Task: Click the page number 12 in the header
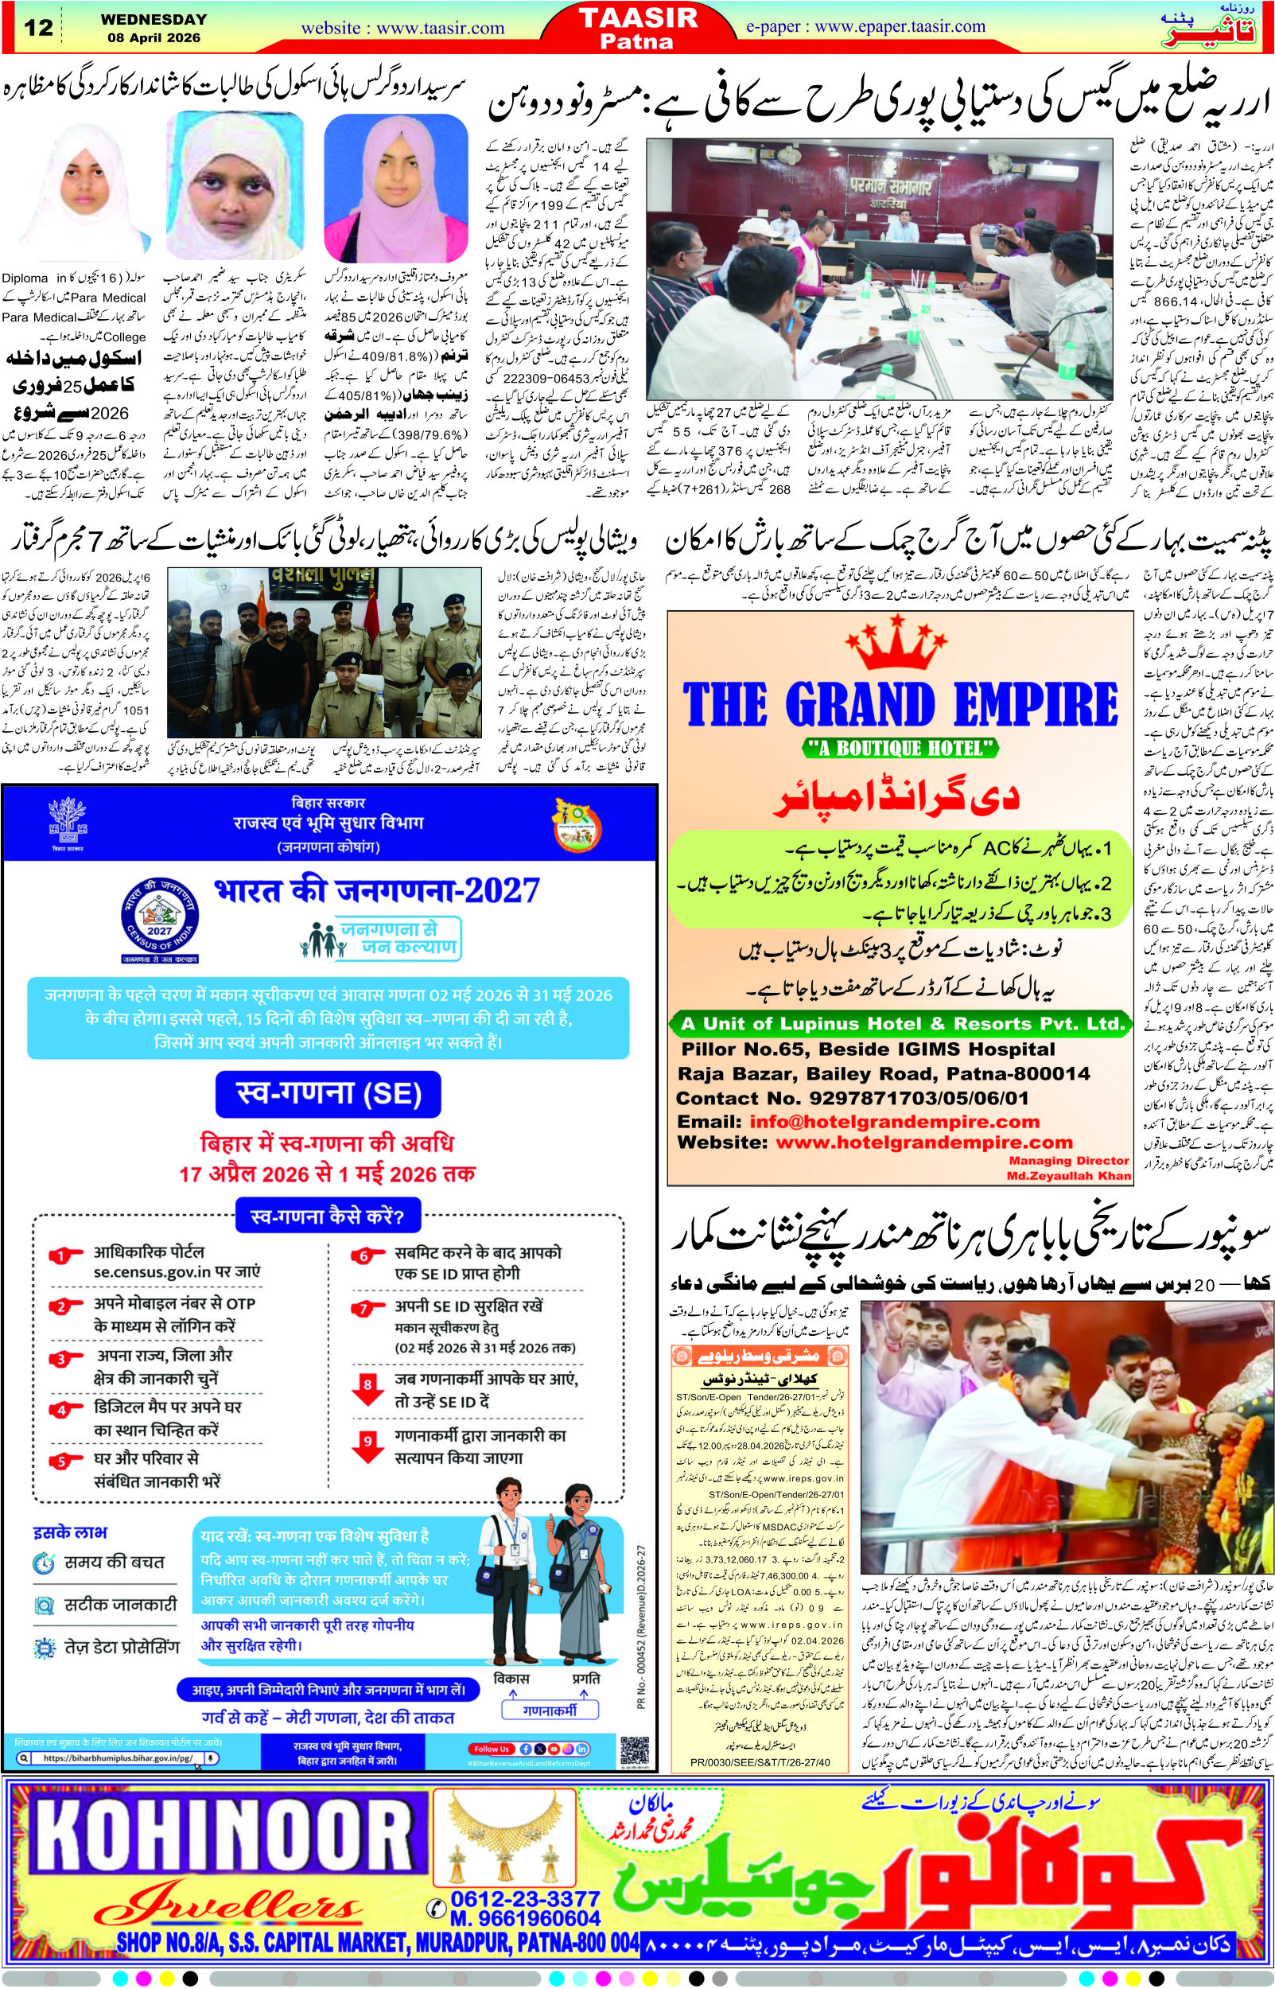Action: [38, 27]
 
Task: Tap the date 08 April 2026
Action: [154, 38]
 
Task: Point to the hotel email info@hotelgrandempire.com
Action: [894, 1122]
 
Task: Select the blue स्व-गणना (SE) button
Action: [328, 1094]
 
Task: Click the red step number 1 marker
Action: [61, 1256]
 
